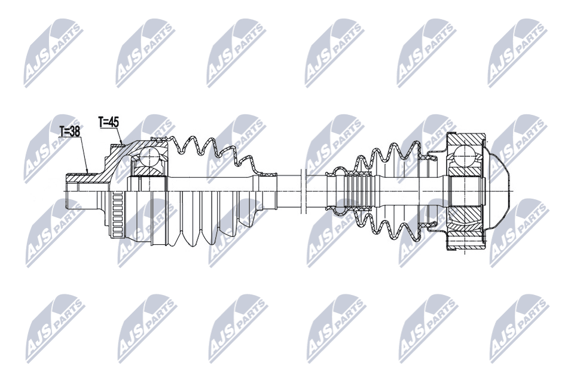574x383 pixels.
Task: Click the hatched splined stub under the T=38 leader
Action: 78,176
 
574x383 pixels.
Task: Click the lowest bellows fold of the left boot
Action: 190,239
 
